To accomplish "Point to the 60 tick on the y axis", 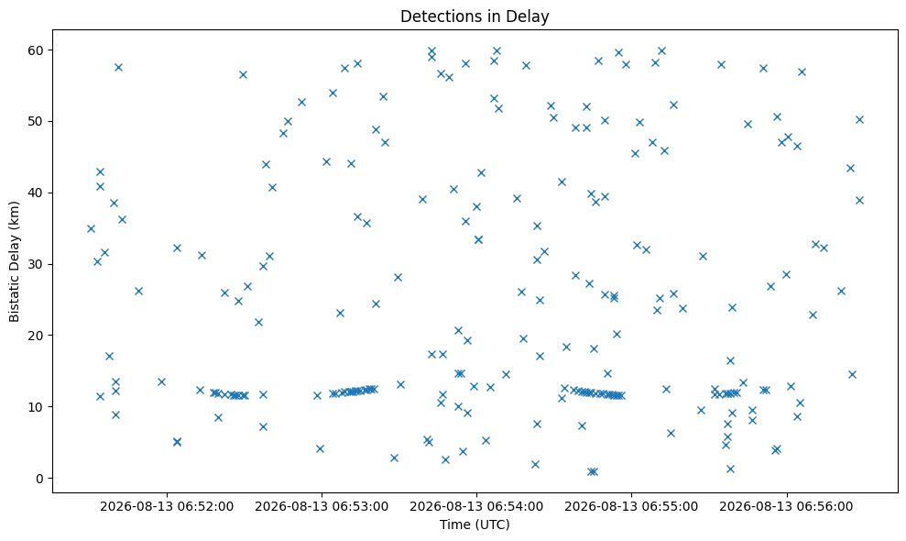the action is click(36, 50).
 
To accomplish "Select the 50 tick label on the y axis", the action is click(36, 122).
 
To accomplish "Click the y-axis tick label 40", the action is click(36, 193).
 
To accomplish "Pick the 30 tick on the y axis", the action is click(36, 264).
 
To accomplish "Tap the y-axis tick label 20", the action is click(36, 336).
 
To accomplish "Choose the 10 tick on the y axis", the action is click(36, 407).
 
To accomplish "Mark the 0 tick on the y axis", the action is click(40, 479).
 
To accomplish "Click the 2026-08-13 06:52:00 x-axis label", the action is click(167, 507).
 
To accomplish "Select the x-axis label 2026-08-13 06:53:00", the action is click(322, 507).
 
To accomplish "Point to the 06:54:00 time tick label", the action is click(476, 507).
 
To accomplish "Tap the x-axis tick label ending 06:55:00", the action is click(631, 507).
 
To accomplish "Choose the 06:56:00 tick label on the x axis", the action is click(786, 507).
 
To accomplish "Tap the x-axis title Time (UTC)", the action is click(475, 524).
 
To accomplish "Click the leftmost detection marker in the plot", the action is click(91, 228).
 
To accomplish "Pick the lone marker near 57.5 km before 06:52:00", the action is click(118, 67).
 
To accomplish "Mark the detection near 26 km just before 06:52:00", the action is click(138, 291).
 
